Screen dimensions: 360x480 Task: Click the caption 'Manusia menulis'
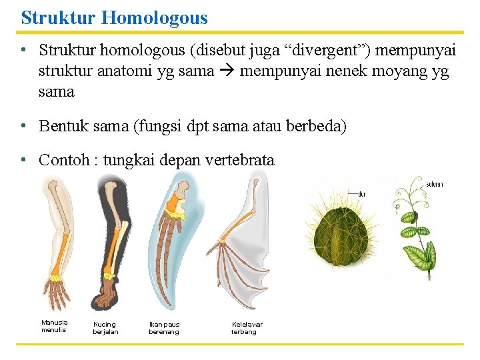(x=54, y=326)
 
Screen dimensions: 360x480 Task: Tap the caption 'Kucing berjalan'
(x=105, y=328)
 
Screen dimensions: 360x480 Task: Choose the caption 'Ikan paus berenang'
(x=164, y=328)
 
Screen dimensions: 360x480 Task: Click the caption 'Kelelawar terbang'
(x=247, y=328)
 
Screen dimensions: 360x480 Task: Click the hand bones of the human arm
(x=60, y=293)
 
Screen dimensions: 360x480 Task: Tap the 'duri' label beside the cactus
(x=362, y=194)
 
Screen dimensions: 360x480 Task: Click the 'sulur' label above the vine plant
(x=434, y=184)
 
